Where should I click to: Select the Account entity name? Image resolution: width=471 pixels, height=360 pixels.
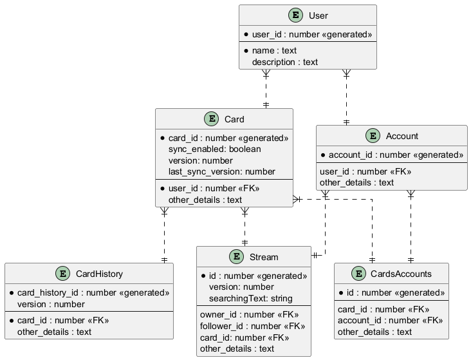pos(402,136)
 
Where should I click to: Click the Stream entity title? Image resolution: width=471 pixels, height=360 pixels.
pos(263,257)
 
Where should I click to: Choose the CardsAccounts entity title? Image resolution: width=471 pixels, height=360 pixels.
pos(402,274)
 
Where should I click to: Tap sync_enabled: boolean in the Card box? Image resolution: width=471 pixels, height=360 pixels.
pos(215,149)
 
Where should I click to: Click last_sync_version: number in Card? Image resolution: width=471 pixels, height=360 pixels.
pos(222,171)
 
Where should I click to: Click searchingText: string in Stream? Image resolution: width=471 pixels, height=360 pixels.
pos(250,298)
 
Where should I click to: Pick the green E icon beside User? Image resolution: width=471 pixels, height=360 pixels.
pos(295,15)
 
